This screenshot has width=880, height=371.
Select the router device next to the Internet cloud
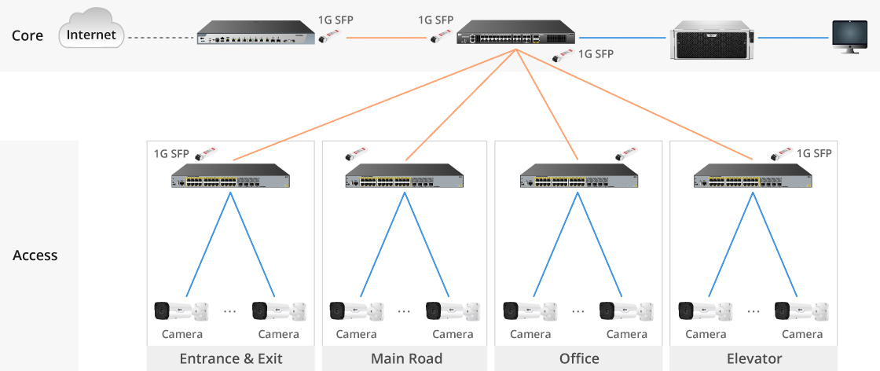tap(255, 37)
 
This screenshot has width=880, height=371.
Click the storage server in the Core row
tap(712, 38)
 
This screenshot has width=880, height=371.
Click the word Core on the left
tap(27, 36)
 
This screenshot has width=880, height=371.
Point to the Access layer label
tap(35, 255)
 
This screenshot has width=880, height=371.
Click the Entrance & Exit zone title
tap(231, 359)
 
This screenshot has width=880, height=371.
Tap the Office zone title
tap(579, 359)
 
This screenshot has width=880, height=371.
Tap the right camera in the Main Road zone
tap(453, 310)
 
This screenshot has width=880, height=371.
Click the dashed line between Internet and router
tap(160, 37)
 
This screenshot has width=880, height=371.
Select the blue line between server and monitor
tap(794, 37)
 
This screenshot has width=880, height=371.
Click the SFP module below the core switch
tap(562, 56)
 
